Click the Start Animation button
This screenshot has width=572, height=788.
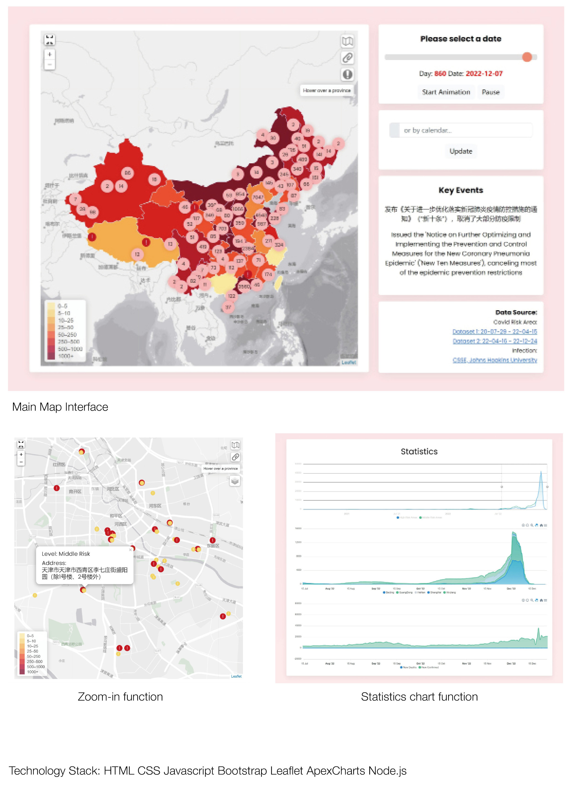click(x=446, y=92)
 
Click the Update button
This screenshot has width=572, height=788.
click(x=461, y=151)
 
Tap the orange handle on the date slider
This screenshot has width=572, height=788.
click(x=527, y=57)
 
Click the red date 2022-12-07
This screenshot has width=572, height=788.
click(x=484, y=74)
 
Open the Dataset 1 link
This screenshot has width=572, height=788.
click(x=494, y=331)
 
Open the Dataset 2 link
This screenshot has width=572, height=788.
click(x=494, y=341)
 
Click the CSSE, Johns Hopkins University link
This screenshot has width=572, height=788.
click(x=494, y=360)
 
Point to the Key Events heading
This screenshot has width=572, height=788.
click(x=461, y=190)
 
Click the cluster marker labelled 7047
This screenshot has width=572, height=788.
click(x=258, y=197)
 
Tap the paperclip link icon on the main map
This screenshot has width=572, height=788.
click(x=347, y=58)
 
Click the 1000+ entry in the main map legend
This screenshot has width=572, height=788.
click(x=65, y=356)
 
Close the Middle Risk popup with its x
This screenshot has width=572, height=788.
click(x=130, y=550)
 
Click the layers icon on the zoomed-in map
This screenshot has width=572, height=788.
click(x=235, y=481)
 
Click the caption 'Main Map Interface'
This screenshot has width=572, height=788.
click(x=60, y=407)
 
